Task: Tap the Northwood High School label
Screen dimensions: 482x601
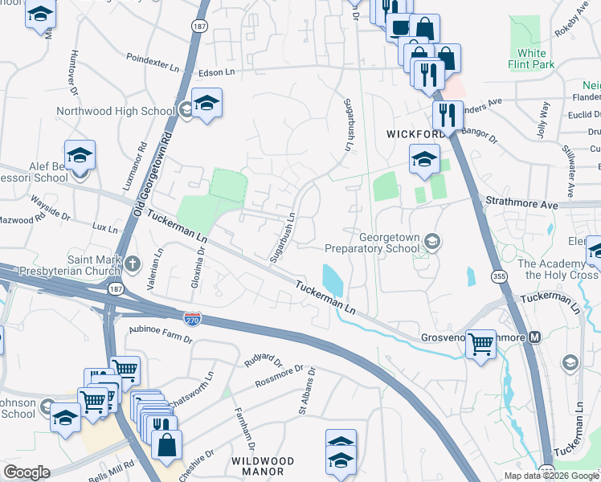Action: [x=116, y=111]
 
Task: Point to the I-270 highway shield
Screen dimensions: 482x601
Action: [x=192, y=319]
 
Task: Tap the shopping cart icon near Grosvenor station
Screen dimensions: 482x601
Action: [x=480, y=344]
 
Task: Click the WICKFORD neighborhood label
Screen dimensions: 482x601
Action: [x=415, y=133]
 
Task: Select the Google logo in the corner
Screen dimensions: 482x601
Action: [x=27, y=472]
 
